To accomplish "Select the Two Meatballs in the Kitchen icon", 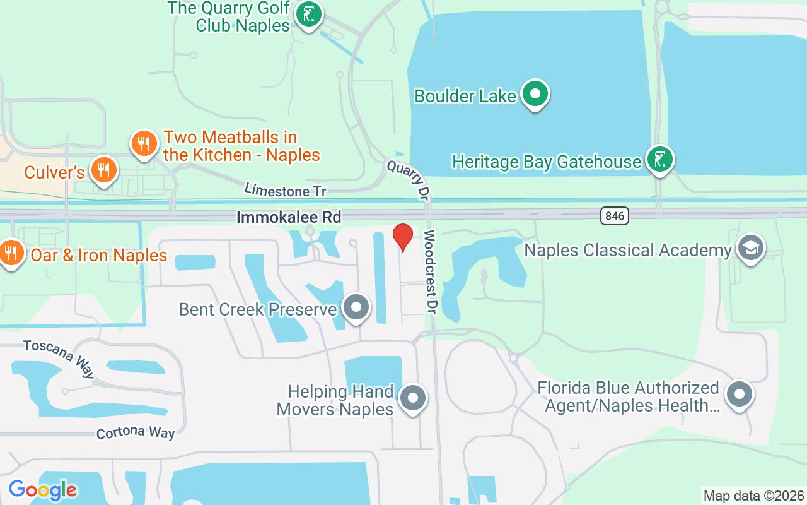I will point(144,143).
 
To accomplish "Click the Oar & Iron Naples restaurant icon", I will point(11,253).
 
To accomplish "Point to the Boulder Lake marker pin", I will point(535,94).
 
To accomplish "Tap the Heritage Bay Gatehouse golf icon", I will point(659,160).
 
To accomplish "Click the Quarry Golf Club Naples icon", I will point(308,15).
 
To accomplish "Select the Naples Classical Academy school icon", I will point(750,248).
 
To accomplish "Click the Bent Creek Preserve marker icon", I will point(356,308).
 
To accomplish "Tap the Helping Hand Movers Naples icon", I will point(413,398).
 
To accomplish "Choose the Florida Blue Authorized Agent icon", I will point(739,395).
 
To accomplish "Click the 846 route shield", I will point(614,216).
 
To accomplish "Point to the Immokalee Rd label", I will point(289,218).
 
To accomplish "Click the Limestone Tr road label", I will point(286,189).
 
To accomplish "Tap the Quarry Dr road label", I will point(409,179).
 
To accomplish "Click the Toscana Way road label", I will point(59,358).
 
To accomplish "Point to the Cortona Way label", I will point(136,432).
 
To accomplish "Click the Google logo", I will point(42,490).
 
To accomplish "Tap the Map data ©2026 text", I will point(753,496).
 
